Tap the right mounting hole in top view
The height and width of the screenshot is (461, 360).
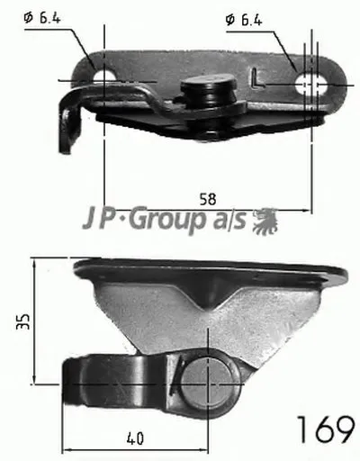click(311, 83)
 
